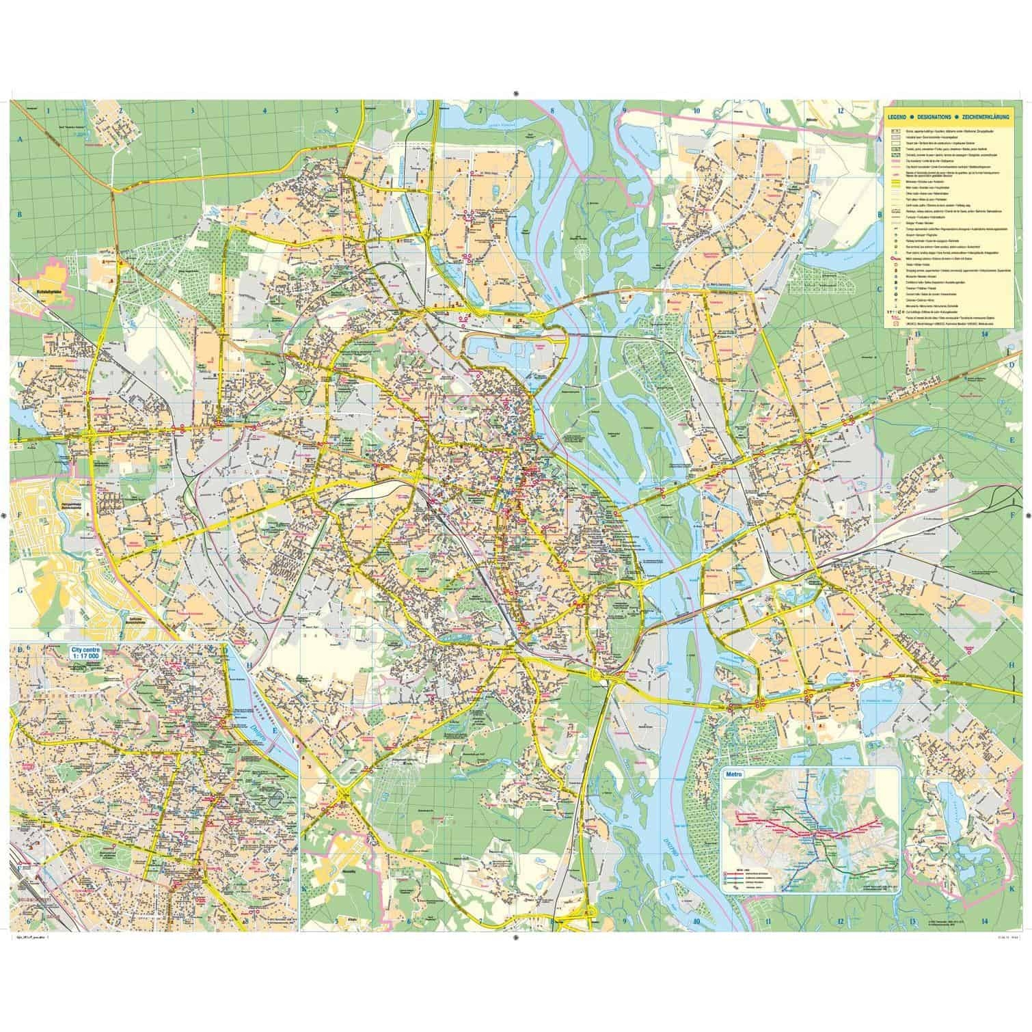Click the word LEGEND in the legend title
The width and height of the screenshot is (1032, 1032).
point(897,118)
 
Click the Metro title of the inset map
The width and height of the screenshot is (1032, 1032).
point(733,775)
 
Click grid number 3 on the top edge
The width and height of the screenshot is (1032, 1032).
point(193,109)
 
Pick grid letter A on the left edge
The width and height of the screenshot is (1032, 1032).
point(20,139)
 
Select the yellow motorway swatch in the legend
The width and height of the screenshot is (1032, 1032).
point(893,182)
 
